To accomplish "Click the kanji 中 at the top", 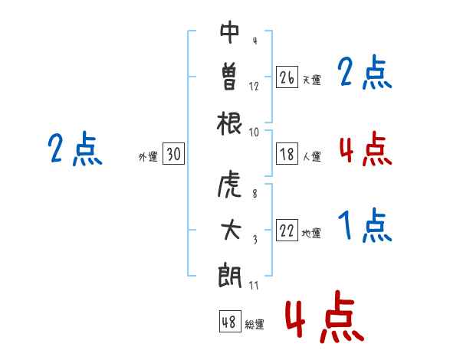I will tap(229, 33).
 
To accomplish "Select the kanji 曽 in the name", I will tap(229, 77).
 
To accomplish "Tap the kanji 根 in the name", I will tap(229, 123).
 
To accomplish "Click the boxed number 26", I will tap(287, 77).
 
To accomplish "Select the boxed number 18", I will tap(287, 154).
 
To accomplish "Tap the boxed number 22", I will tap(287, 231).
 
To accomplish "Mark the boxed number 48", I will tap(228, 322).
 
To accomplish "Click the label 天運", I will tap(311, 80).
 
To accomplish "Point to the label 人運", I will tap(311, 156).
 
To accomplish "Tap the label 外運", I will tap(148, 157).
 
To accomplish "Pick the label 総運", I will tap(254, 324).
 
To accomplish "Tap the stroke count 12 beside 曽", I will tap(255, 87).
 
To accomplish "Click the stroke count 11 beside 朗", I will tap(254, 285).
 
